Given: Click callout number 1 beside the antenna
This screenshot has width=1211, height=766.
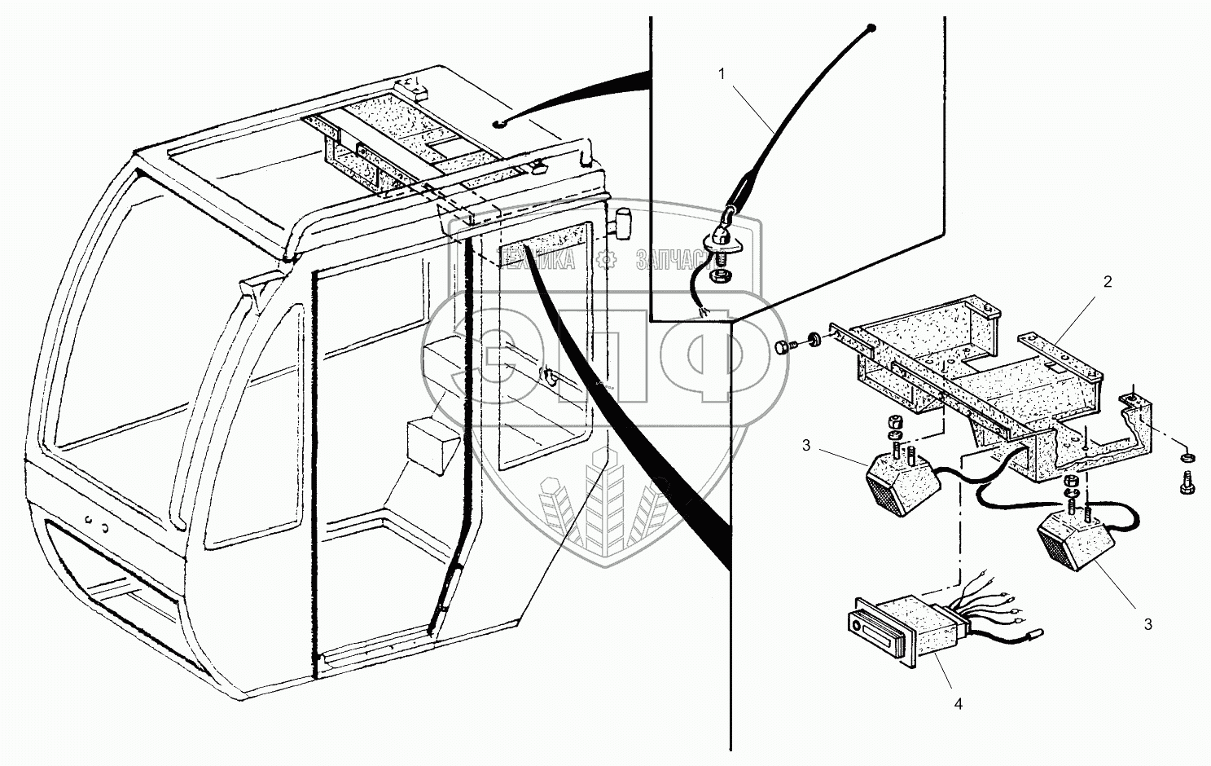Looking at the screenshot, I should click(721, 73).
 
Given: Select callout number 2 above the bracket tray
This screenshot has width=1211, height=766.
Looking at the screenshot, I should click(1107, 282).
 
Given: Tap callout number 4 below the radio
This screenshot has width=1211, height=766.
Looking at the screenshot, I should click(959, 704).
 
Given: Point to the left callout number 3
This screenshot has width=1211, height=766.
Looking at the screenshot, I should click(806, 445).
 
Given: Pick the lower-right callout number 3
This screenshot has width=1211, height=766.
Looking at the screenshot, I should click(1147, 625).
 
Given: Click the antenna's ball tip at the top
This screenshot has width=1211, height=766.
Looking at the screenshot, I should click(871, 29).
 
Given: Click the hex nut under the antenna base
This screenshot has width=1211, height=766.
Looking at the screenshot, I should click(721, 277).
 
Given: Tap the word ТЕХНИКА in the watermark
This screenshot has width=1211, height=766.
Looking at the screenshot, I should click(539, 260).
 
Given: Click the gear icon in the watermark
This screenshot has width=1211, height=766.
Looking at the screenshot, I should click(605, 260).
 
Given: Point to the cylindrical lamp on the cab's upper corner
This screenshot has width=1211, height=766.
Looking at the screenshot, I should click(625, 223).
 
